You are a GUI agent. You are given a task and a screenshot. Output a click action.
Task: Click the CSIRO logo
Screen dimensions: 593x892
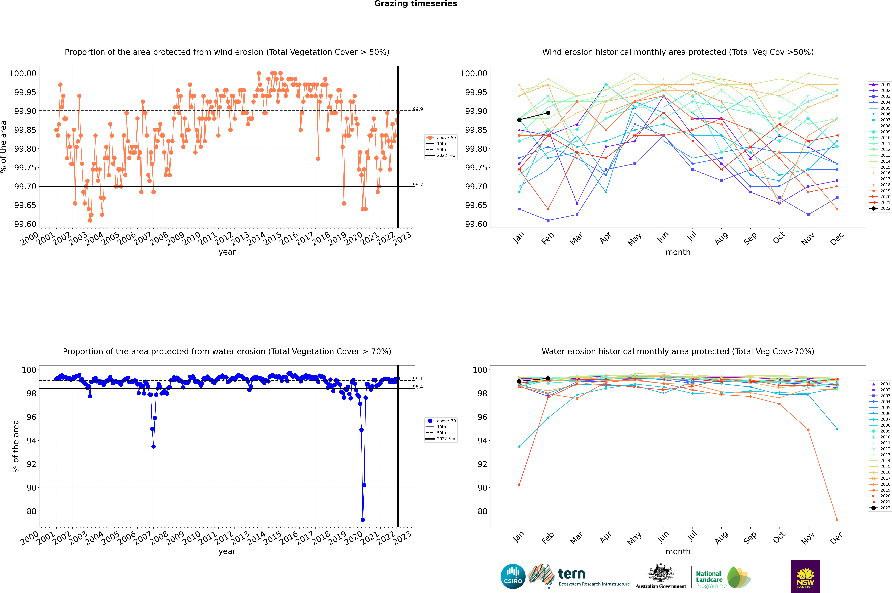(x=513, y=576)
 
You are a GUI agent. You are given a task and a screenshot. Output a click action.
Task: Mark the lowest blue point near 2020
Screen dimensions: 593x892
(x=363, y=520)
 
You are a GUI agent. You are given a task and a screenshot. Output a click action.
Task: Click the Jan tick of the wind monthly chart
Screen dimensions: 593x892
(x=519, y=237)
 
